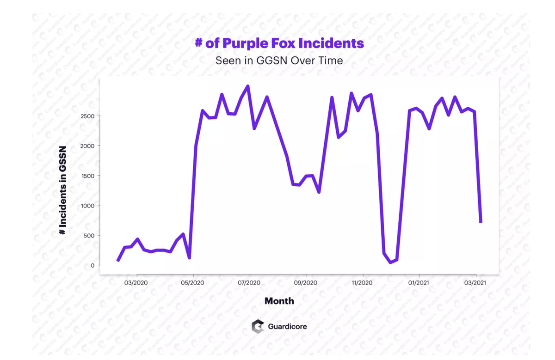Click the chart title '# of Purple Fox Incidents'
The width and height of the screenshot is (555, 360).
pos(279,43)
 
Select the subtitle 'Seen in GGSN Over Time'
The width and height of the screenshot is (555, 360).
pos(279,61)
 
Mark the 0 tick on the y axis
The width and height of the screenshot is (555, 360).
pos(92,266)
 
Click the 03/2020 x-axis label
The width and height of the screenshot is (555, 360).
pos(136,282)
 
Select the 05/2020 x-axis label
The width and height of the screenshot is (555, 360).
pos(192,282)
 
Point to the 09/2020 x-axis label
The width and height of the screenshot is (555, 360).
pos(306,282)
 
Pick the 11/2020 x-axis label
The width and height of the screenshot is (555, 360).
pos(362,282)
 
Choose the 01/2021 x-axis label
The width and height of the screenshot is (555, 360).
pos(419,282)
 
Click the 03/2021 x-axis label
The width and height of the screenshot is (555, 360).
pos(475,282)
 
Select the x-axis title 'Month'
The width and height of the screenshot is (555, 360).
pos(279,301)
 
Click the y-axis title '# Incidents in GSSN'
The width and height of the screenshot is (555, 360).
pos(63,190)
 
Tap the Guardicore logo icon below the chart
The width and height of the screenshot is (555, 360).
pos(258,326)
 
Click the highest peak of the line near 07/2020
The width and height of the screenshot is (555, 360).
pos(248,86)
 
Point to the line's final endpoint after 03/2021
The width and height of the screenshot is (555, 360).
pos(481,222)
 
